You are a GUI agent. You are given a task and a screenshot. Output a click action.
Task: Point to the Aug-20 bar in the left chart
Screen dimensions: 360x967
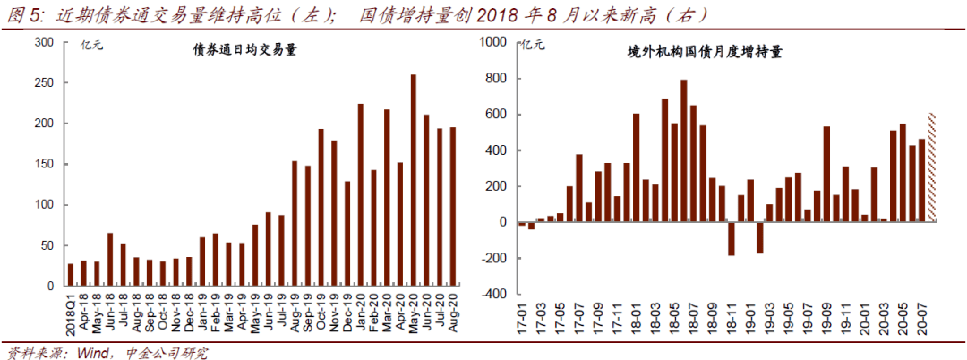(x=452, y=207)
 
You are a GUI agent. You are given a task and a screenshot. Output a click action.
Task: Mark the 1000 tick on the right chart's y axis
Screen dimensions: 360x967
(x=494, y=42)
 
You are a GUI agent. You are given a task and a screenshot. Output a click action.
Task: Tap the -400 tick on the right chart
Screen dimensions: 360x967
(x=495, y=294)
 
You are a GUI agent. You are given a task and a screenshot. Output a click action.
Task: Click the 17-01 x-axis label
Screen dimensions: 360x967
(x=522, y=314)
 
